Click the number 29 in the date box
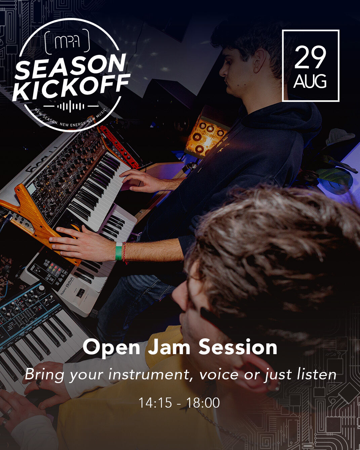pos(310,57)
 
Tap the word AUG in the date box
pos(310,81)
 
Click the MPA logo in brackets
pos(67,42)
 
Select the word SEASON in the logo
pos(71,66)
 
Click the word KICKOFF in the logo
pos(71,87)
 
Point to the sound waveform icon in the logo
pos(71,106)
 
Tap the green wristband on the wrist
pos(119,251)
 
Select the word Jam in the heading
pos(169,347)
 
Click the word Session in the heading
pos(238,347)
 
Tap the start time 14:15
pos(155,403)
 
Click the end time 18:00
pos(203,403)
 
